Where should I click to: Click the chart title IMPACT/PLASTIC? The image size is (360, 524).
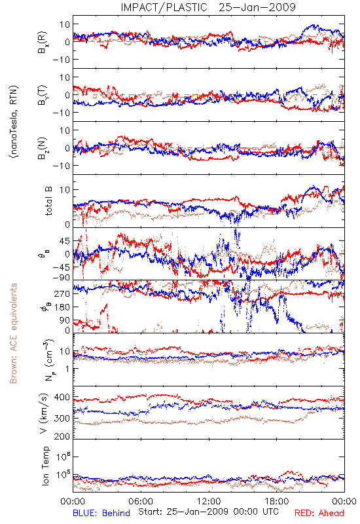pyautogui.click(x=164, y=7)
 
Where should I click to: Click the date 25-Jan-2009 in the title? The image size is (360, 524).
pyautogui.click(x=257, y=7)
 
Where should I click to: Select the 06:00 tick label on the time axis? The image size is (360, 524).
pyautogui.click(x=141, y=501)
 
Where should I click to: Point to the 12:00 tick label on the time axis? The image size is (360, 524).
pyautogui.click(x=209, y=501)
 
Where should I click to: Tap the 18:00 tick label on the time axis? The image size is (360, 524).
pyautogui.click(x=277, y=501)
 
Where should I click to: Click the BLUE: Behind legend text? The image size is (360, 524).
pyautogui.click(x=101, y=513)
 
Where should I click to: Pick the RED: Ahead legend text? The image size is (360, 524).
pyautogui.click(x=319, y=513)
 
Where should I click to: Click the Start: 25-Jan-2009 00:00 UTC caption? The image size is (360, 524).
pyautogui.click(x=208, y=512)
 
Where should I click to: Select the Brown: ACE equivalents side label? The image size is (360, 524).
pyautogui.click(x=13, y=333)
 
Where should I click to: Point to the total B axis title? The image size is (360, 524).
pyautogui.click(x=48, y=200)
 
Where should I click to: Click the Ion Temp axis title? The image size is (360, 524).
pyautogui.click(x=45, y=466)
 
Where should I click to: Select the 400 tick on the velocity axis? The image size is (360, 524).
pyautogui.click(x=62, y=398)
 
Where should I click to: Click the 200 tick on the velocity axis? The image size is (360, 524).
pyautogui.click(x=62, y=436)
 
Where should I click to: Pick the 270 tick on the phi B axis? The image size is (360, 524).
pyautogui.click(x=62, y=293)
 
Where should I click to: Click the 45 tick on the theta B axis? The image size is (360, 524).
pyautogui.click(x=65, y=241)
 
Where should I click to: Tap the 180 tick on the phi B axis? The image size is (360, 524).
pyautogui.click(x=62, y=307)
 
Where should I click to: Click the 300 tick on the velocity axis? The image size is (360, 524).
pyautogui.click(x=62, y=418)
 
